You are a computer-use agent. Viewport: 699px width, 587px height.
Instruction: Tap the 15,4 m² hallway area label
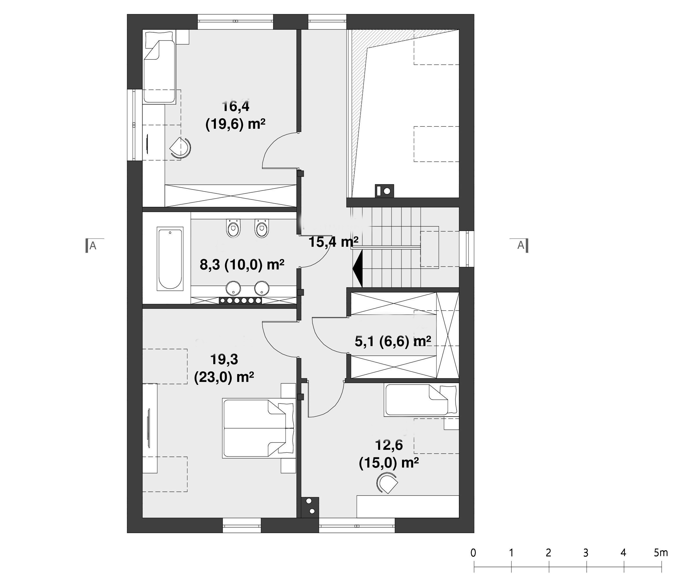coord(333,242)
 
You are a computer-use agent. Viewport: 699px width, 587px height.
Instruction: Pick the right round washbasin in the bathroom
coord(262,288)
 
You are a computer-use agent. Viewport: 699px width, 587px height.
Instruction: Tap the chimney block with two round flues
coord(310,507)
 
